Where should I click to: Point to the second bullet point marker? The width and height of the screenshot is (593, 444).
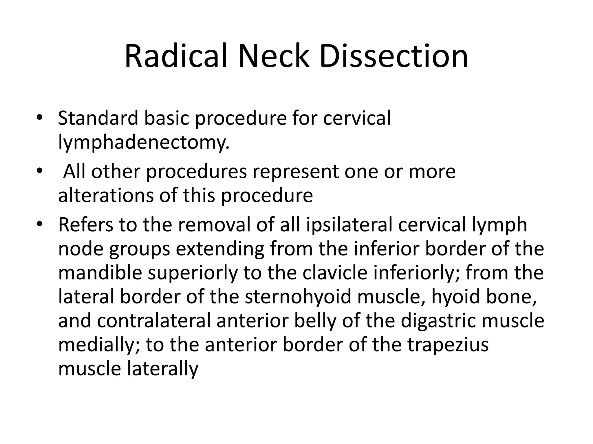click(40, 171)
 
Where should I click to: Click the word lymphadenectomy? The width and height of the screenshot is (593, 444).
click(144, 143)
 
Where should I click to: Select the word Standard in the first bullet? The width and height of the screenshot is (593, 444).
click(98, 118)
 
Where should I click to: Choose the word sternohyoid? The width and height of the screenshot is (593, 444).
click(298, 297)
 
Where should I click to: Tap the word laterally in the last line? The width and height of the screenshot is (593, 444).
click(163, 369)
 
